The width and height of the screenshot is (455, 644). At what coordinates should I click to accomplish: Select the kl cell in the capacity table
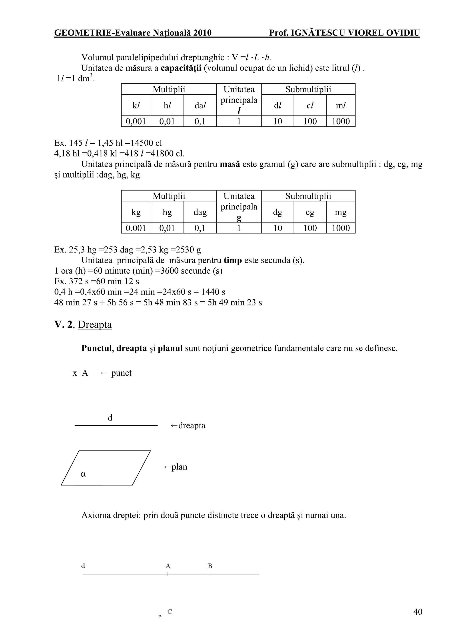[x=136, y=105]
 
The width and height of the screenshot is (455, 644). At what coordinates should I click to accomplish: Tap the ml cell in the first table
[x=341, y=105]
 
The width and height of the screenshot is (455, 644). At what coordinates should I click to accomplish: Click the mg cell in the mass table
[x=341, y=212]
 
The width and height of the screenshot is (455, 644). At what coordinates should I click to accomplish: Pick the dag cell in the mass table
[x=200, y=212]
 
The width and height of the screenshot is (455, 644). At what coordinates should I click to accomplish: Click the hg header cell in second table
[x=167, y=212]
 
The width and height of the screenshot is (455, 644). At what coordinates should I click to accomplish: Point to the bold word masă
[x=230, y=164]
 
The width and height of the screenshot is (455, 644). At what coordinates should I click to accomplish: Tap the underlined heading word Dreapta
[x=95, y=325]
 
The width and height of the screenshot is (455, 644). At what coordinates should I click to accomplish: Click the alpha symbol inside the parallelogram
[x=83, y=474]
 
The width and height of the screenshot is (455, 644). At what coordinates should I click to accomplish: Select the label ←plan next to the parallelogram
[x=175, y=467]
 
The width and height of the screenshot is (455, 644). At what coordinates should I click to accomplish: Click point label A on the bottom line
[x=168, y=566]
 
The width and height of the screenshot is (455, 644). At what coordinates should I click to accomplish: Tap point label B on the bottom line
[x=210, y=566]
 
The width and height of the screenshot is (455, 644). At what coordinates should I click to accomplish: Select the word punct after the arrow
[x=121, y=373]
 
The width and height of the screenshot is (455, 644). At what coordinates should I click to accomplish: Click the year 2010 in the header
[x=202, y=33]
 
